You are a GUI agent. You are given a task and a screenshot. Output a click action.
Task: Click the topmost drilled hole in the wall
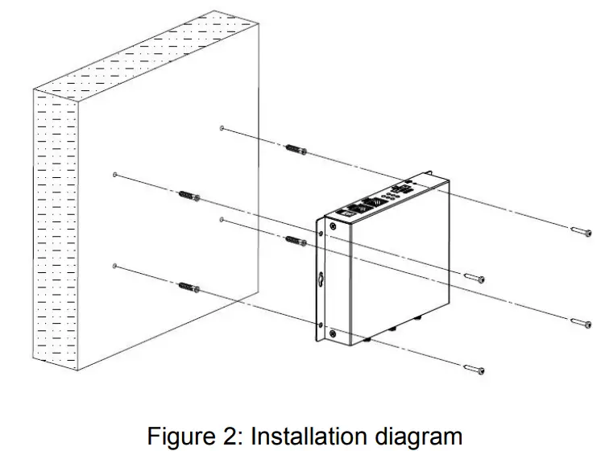click(x=222, y=128)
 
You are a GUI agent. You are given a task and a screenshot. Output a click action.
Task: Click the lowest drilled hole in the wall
click(x=115, y=266)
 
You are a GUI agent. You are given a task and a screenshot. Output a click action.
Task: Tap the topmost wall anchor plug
click(x=296, y=149)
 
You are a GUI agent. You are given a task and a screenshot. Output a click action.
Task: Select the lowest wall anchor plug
click(x=187, y=286)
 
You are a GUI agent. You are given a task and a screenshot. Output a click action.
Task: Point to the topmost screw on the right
click(x=581, y=231)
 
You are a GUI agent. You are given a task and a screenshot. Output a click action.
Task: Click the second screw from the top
click(x=474, y=278)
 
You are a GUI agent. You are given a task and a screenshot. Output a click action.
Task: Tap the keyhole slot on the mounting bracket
click(x=320, y=280)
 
